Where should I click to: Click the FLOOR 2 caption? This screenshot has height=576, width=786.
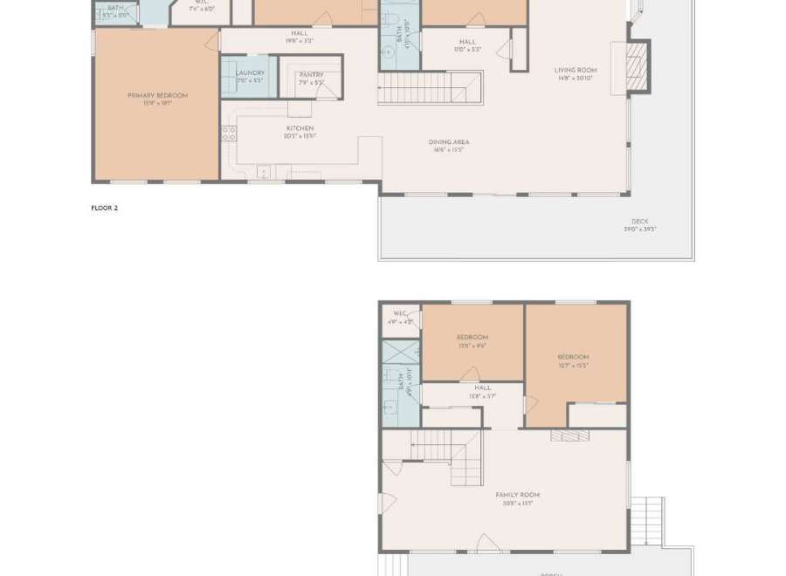[x=104, y=208]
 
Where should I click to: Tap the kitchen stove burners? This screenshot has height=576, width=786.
[x=229, y=134]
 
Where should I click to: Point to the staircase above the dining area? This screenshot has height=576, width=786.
[x=419, y=87]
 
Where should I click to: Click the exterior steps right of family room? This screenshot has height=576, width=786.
[x=647, y=520]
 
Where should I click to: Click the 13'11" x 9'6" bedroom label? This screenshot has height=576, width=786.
[x=472, y=340]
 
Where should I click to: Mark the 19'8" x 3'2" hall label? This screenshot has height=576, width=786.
[x=300, y=37]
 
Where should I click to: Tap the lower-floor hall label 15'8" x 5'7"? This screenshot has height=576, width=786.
[x=483, y=391]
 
